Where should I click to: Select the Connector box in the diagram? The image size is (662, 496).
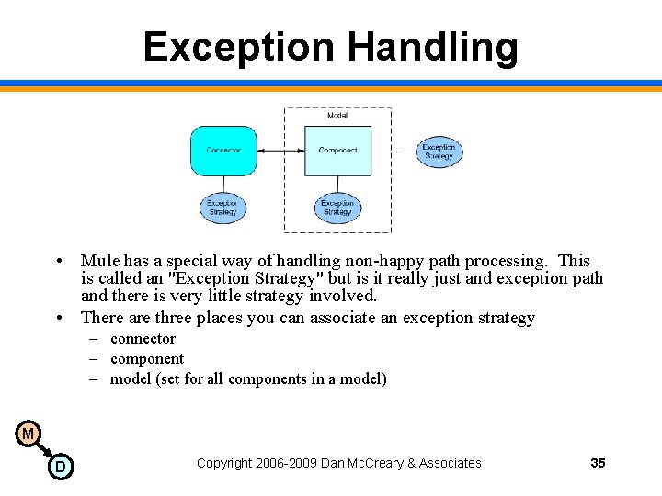coord(223,151)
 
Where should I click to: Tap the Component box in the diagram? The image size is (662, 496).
coord(337,151)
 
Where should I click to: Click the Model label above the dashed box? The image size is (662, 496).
coord(337,116)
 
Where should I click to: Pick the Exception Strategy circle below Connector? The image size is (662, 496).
coord(223,208)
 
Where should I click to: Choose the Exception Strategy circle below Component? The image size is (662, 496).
coord(337,208)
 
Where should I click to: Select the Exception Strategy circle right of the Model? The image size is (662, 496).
coord(439,152)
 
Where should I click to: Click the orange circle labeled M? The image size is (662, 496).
coord(28,434)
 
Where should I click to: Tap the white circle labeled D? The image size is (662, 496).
coord(60,467)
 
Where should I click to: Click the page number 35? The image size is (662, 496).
coord(598,463)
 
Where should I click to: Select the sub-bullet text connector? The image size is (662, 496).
coord(143,339)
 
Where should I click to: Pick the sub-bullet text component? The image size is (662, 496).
coord(147,359)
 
